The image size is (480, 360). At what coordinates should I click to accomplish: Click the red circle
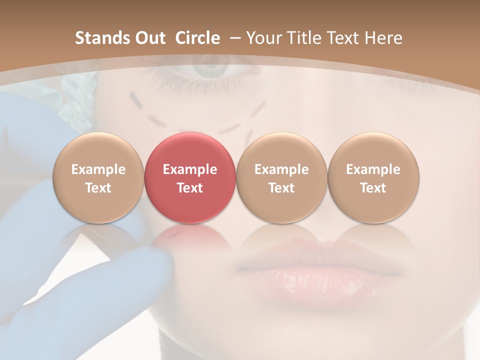click(189, 178)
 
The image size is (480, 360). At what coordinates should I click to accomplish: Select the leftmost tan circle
click(98, 178)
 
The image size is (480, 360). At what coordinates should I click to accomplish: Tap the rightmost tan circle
click(373, 178)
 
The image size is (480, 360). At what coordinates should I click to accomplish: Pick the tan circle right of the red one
click(281, 178)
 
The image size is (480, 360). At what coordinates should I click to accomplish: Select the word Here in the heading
click(383, 38)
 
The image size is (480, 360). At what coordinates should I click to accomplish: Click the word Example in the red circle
click(189, 169)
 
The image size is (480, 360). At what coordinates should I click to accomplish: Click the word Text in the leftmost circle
click(98, 188)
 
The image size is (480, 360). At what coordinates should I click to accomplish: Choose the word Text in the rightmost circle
click(373, 188)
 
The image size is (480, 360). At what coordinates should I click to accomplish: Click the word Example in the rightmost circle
click(373, 169)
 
